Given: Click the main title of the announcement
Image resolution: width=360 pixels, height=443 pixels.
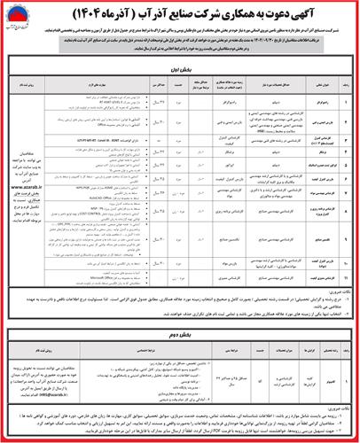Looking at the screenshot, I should (x=182, y=12).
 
